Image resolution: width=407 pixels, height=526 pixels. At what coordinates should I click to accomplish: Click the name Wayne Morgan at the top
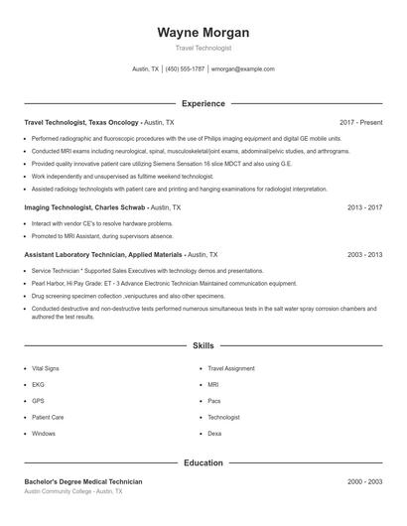coord(203,33)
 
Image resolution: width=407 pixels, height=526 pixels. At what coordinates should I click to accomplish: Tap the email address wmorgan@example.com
coord(242,69)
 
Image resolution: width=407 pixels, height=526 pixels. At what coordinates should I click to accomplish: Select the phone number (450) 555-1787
coord(185,69)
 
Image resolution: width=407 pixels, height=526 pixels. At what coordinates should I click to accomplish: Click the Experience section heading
coord(203,103)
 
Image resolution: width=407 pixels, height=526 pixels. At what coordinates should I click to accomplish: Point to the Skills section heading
coord(203,345)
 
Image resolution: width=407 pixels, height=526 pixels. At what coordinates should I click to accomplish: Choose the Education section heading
coord(203,462)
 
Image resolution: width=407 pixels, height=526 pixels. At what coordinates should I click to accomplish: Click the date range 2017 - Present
coord(360,122)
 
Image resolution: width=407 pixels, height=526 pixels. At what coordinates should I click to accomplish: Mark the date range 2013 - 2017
coord(365,207)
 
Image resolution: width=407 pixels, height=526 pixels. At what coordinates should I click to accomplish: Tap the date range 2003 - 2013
coord(365,254)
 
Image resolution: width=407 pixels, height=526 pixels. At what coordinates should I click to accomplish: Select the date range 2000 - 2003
coord(365,481)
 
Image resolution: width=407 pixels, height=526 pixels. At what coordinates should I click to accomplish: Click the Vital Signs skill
coord(46,367)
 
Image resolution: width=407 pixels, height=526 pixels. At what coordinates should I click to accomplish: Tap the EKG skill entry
coord(38,384)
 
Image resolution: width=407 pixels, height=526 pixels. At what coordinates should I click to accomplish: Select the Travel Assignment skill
coord(231,367)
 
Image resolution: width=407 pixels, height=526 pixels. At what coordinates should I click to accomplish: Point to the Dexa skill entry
coord(214,434)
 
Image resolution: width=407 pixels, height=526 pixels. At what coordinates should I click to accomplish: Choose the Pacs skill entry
coord(214,401)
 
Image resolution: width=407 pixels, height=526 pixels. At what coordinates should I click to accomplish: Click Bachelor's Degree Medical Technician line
coord(83,481)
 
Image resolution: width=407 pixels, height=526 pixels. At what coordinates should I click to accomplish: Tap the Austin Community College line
coord(73,491)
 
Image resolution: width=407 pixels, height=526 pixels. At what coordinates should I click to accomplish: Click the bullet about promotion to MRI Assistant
coord(102,236)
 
